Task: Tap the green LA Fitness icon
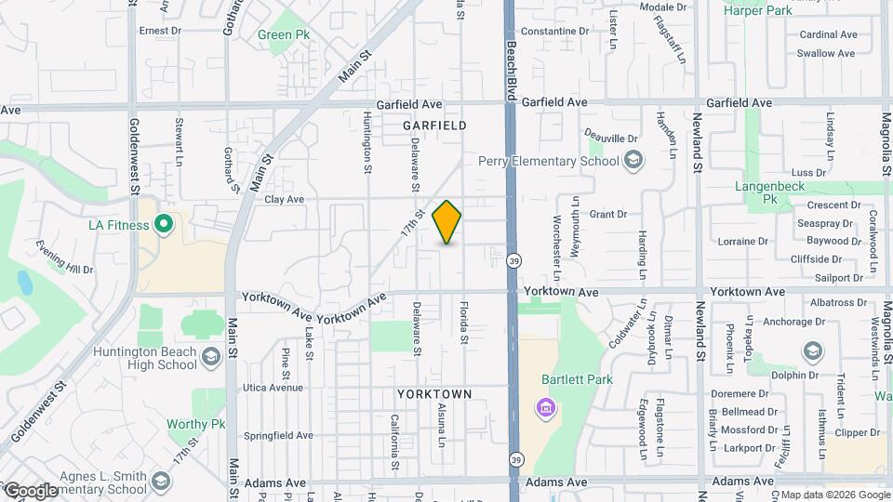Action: click(164, 224)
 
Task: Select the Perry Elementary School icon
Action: click(633, 161)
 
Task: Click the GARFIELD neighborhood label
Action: click(434, 125)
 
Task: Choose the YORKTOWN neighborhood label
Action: click(434, 394)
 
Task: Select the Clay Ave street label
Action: click(285, 199)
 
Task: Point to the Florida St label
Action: click(462, 320)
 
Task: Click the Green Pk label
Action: click(284, 34)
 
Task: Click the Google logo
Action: click(31, 491)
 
